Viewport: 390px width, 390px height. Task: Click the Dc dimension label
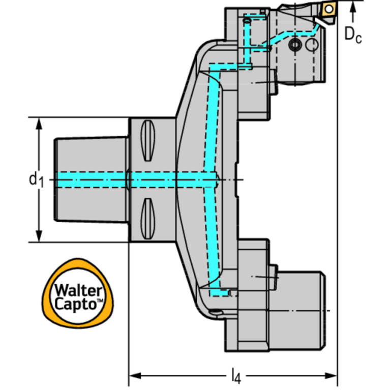pyautogui.click(x=353, y=35)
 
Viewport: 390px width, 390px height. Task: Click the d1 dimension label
pyautogui.click(x=36, y=179)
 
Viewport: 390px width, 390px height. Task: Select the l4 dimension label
pyautogui.click(x=236, y=376)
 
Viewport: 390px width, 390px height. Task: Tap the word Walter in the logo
pyautogui.click(x=78, y=290)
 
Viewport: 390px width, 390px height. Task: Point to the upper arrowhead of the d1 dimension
pyautogui.click(x=39, y=124)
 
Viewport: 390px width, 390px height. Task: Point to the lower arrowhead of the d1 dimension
pyautogui.click(x=39, y=235)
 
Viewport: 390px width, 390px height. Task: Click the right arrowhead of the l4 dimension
pyautogui.click(x=331, y=376)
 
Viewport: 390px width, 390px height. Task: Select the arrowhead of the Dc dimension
pyautogui.click(x=353, y=8)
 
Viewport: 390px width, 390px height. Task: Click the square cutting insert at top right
pyautogui.click(x=328, y=10)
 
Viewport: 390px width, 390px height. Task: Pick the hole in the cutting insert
pyautogui.click(x=329, y=9)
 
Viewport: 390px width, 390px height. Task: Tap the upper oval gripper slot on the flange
pyautogui.click(x=148, y=140)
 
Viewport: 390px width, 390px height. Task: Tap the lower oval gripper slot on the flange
pyautogui.click(x=148, y=219)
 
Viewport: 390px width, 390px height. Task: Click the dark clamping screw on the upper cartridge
pyautogui.click(x=295, y=45)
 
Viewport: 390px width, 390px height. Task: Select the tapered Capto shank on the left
pyautogui.click(x=92, y=179)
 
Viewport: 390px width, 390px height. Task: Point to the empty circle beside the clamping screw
pyautogui.click(x=311, y=45)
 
